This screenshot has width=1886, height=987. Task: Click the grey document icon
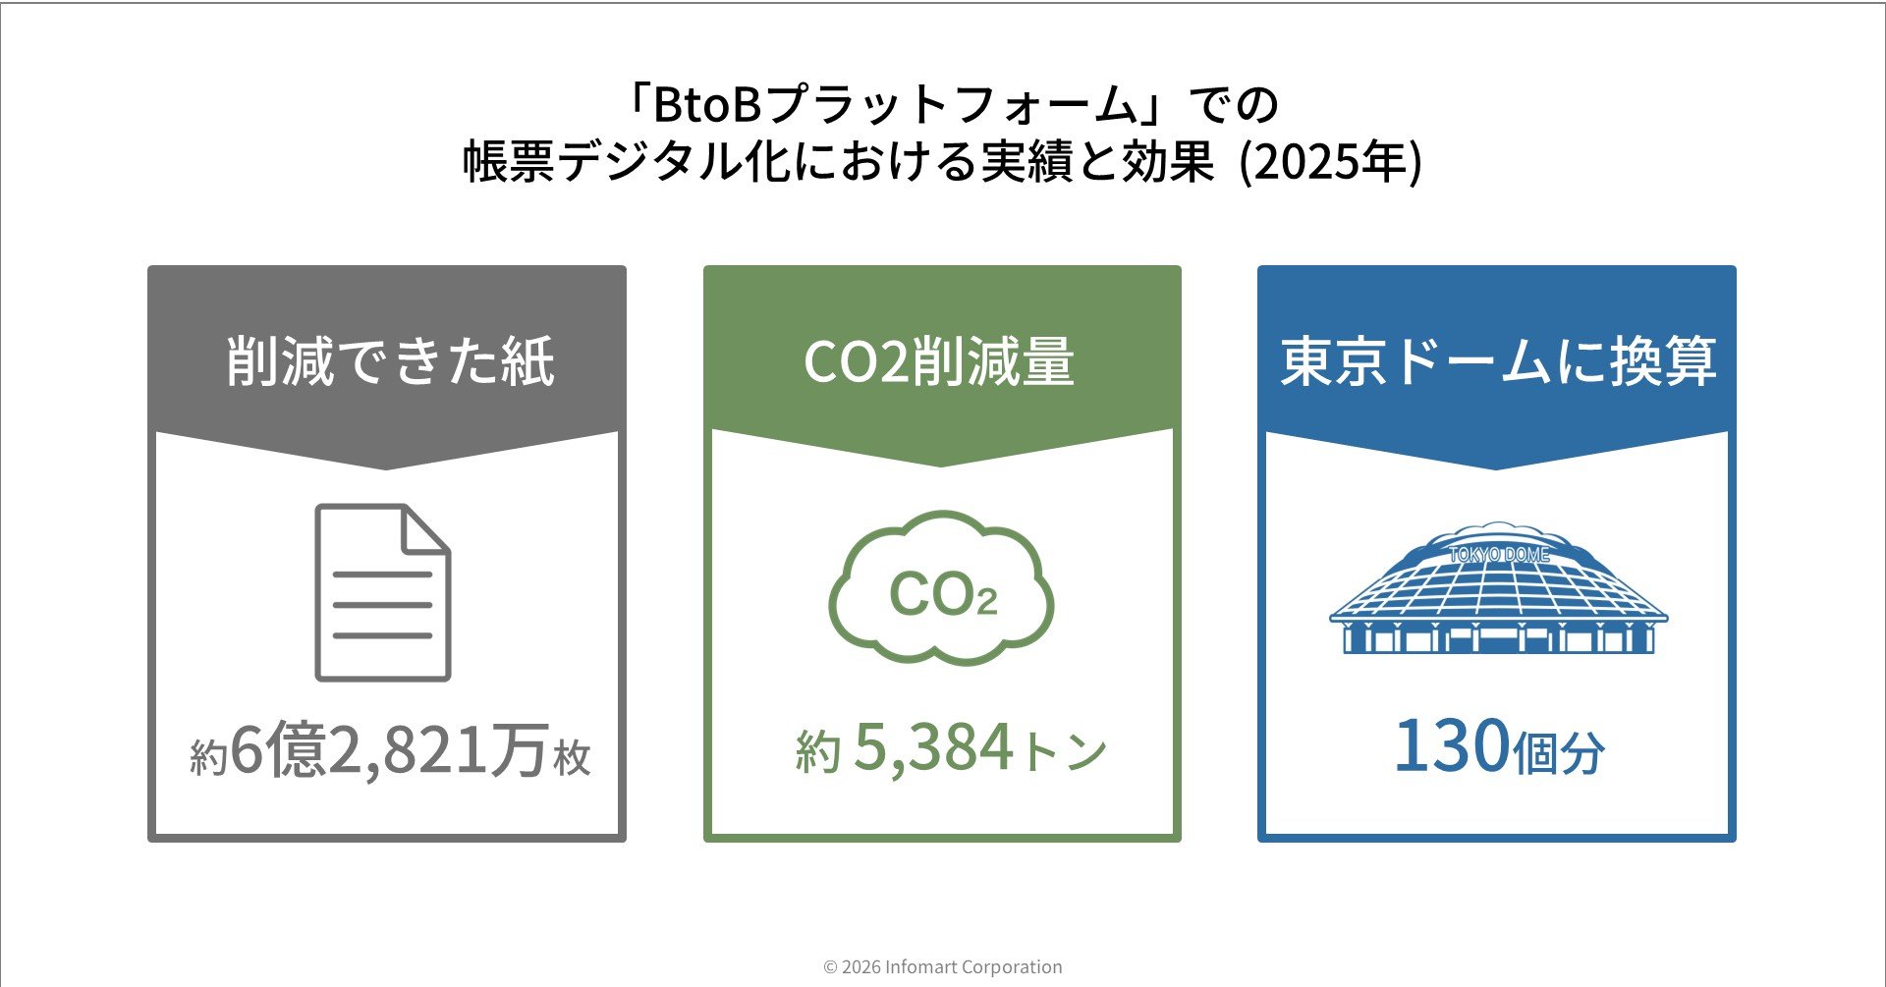(x=382, y=592)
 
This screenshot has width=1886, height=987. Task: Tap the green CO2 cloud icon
(x=941, y=589)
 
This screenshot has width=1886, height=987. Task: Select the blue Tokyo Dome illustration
(x=1497, y=589)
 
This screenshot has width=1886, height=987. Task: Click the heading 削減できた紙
(x=390, y=361)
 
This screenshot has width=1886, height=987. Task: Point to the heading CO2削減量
(x=939, y=361)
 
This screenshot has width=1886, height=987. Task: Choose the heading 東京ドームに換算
(x=1498, y=361)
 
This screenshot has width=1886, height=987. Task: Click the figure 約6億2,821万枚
(x=390, y=750)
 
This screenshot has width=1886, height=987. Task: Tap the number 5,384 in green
(x=933, y=748)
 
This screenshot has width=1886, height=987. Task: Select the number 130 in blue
(x=1451, y=746)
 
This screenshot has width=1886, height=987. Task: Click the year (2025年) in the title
(x=1331, y=162)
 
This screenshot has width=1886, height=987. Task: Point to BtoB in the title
(x=707, y=104)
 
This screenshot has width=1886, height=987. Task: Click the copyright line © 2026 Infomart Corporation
(x=942, y=967)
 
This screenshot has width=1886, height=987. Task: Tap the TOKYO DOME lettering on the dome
(x=1499, y=555)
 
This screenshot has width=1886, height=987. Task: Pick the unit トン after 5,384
(x=1066, y=752)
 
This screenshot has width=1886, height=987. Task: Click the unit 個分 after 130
(x=1559, y=754)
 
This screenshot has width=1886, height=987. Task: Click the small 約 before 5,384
(x=818, y=752)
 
